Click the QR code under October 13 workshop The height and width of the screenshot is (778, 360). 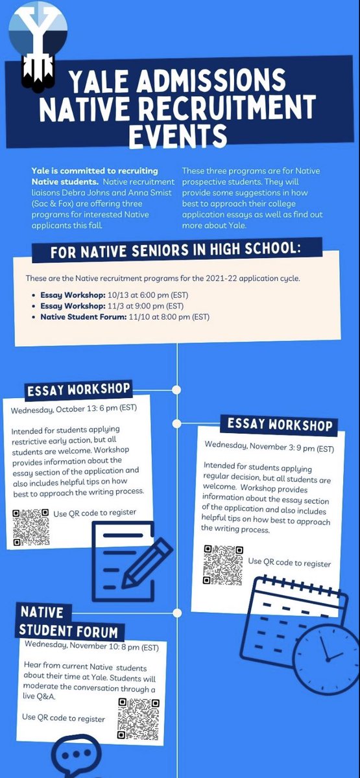[30, 527]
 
